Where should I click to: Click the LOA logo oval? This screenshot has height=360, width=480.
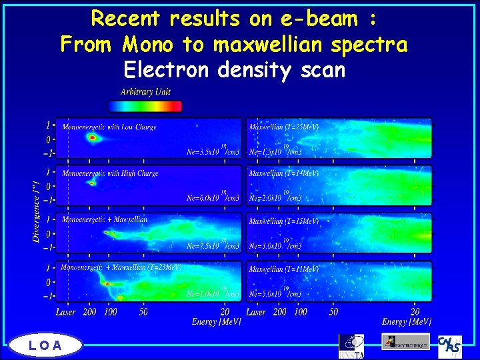pyautogui.click(x=45, y=345)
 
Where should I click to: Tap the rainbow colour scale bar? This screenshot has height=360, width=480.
pyautogui.click(x=145, y=106)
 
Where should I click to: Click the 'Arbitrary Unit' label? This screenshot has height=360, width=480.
pyautogui.click(x=145, y=91)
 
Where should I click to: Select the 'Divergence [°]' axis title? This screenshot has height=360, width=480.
pyautogui.click(x=37, y=209)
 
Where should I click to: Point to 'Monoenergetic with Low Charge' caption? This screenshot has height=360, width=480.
pyautogui.click(x=109, y=127)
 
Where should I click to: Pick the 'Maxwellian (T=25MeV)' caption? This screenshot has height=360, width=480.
pyautogui.click(x=283, y=127)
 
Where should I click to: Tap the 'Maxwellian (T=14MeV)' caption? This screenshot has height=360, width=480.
pyautogui.click(x=283, y=174)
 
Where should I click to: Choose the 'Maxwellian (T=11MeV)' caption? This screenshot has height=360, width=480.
pyautogui.click(x=283, y=269)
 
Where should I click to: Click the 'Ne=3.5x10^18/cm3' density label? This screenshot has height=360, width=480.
pyautogui.click(x=213, y=151)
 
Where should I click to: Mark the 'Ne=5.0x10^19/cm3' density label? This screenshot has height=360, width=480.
pyautogui.click(x=275, y=293)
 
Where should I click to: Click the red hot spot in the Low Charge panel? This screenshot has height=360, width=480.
pyautogui.click(x=93, y=138)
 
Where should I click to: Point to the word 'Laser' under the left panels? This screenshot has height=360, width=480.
pyautogui.click(x=65, y=311)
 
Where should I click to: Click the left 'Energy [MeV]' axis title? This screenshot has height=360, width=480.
pyautogui.click(x=216, y=322)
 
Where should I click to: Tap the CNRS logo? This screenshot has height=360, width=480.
pyautogui.click(x=449, y=345)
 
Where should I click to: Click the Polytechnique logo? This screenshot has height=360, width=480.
pyautogui.click(x=405, y=341)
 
